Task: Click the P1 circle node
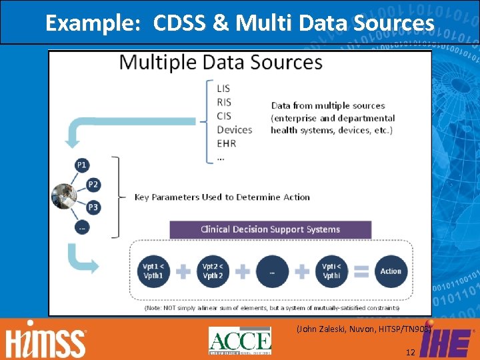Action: pos(81,165)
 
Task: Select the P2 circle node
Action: pos(93,185)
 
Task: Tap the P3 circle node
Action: pos(93,207)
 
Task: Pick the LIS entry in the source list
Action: pos(224,88)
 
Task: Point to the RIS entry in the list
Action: pos(225,102)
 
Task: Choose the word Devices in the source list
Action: pos(235,129)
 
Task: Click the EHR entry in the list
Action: pos(226,143)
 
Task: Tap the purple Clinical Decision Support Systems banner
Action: pos(270,229)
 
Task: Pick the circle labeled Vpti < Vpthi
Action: pos(331,271)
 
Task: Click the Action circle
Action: pos(391,271)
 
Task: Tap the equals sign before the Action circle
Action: pos(361,271)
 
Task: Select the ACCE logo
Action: pos(240,341)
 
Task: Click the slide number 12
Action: pos(409,351)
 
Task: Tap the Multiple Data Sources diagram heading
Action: pos(221,63)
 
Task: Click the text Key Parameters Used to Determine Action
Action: pos(222,197)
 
